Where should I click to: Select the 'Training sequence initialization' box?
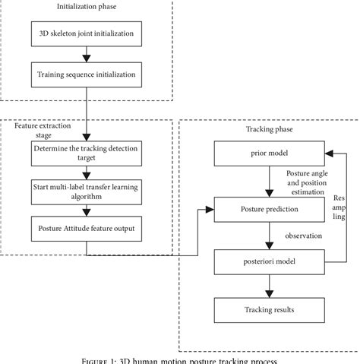(91, 74)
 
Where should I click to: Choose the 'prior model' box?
(268, 154)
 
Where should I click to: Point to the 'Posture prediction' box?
(268, 207)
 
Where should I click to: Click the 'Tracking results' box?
(268, 310)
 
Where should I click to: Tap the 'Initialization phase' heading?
(88, 7)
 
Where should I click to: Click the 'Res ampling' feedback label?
(339, 207)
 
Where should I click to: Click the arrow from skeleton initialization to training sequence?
(91, 55)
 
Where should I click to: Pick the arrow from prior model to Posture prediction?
(268, 180)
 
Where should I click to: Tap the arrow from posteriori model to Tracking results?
(268, 286)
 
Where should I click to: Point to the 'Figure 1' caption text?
(179, 359)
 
